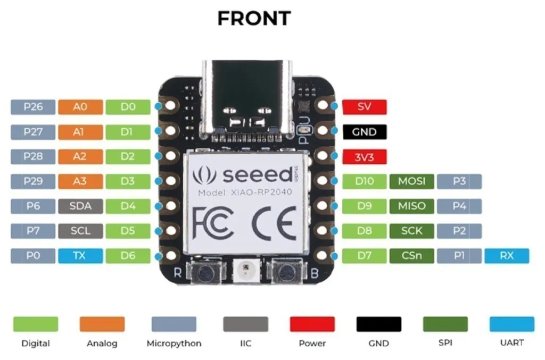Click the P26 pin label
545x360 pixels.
(33, 107)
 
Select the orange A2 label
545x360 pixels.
(80, 156)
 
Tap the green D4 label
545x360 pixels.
(128, 206)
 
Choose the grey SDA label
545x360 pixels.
(80, 206)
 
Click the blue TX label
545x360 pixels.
(80, 256)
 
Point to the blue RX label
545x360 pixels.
(507, 256)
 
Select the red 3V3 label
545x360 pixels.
(364, 156)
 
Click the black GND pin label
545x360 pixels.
(364, 132)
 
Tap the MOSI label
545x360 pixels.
(412, 181)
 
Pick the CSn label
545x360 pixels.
(412, 256)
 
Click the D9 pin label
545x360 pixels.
(364, 206)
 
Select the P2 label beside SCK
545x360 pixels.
(459, 231)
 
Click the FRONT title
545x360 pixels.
(254, 19)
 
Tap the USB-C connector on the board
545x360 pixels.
(247, 96)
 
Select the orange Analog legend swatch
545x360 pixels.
(102, 324)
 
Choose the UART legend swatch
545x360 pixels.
(511, 324)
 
